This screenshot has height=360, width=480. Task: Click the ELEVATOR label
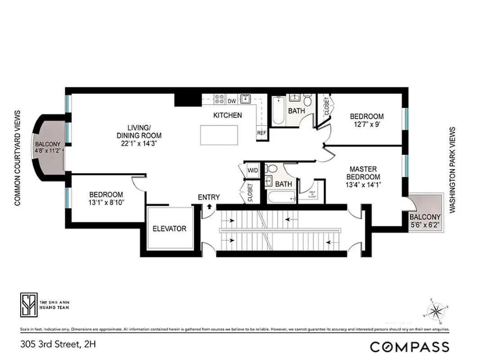click(169, 229)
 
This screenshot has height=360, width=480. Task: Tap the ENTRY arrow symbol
click(209, 207)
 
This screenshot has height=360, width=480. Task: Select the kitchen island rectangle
click(219, 135)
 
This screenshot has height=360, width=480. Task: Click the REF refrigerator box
click(261, 133)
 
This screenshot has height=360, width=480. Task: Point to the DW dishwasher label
click(232, 101)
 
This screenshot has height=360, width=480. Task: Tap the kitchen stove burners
click(220, 99)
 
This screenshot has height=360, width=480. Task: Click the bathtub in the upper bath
click(278, 112)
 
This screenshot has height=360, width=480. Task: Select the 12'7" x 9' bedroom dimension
click(367, 125)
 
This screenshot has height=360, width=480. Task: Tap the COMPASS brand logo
click(409, 346)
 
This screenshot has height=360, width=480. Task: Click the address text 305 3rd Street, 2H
click(58, 345)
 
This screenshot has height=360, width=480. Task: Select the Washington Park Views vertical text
click(453, 170)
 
